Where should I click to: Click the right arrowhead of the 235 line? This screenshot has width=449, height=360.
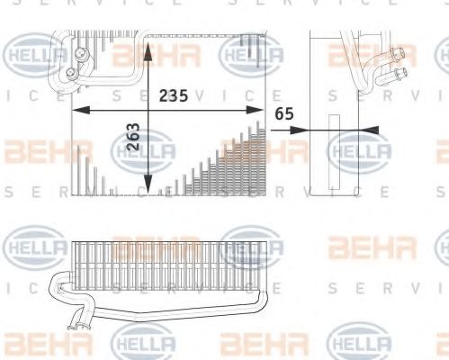point(264,109)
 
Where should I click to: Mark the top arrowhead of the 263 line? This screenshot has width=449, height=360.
point(148,45)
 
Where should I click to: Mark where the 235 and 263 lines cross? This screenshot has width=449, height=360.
point(148,109)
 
